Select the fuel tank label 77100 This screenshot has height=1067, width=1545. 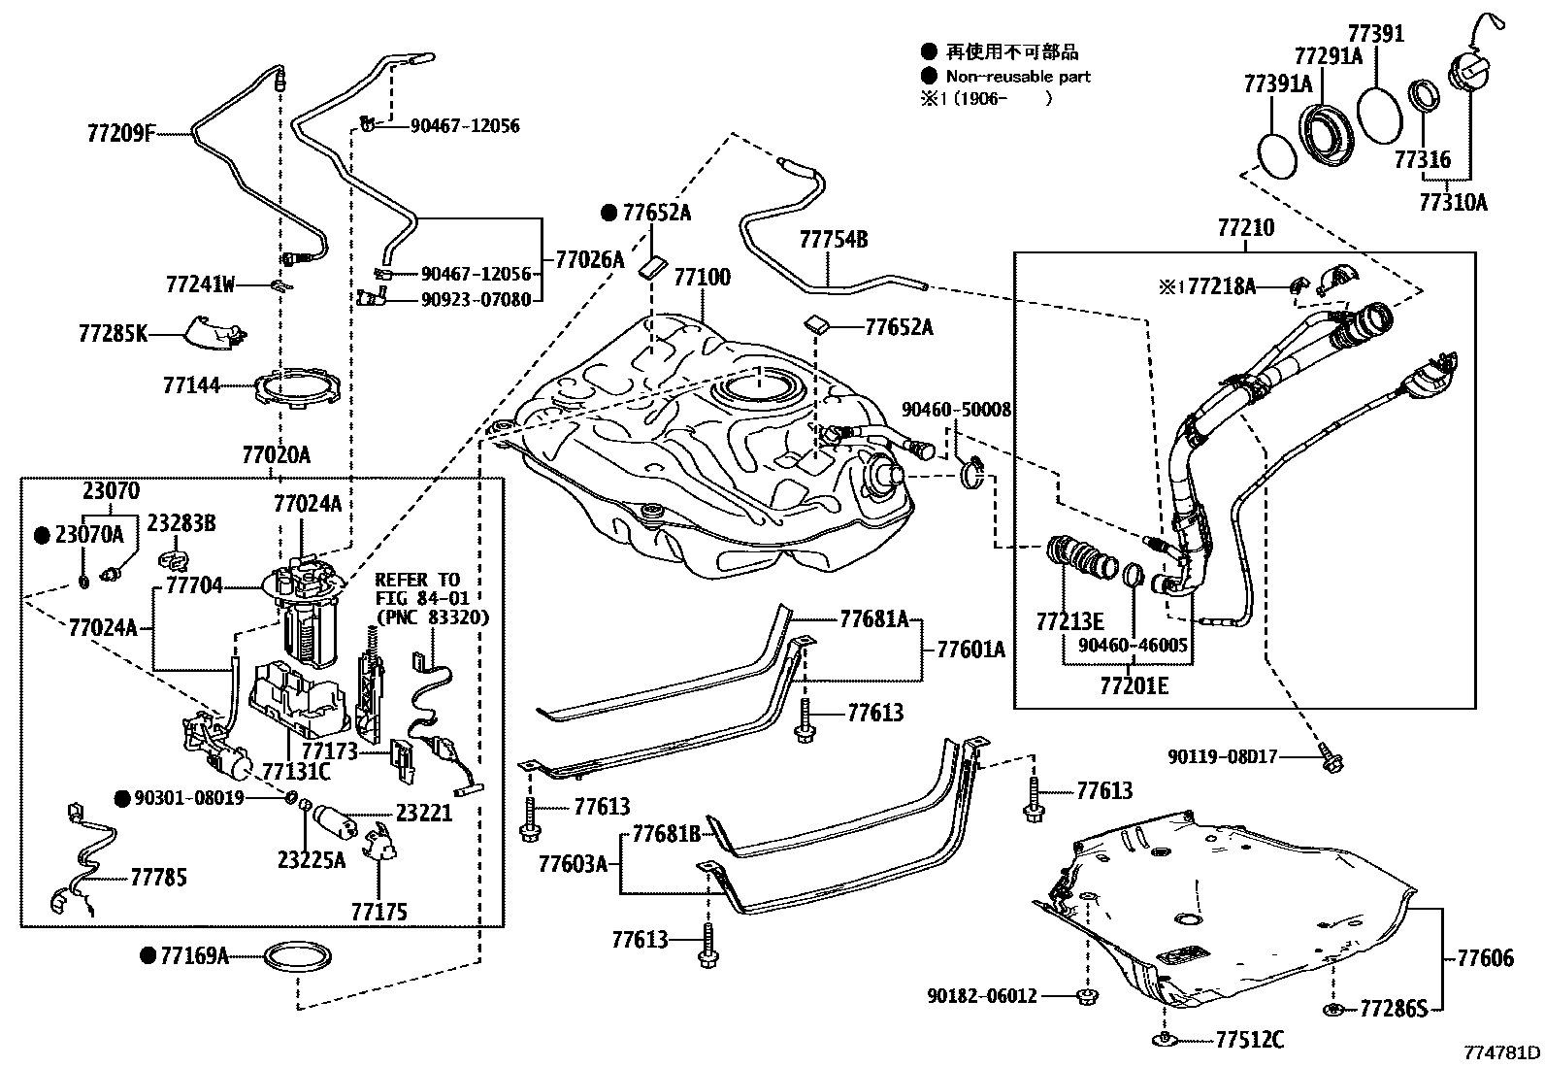click(x=702, y=277)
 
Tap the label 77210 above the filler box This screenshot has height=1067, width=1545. click(x=1246, y=228)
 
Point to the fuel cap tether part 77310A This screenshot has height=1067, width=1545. click(x=1453, y=202)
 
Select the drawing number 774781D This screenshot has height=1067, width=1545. click(x=1502, y=1052)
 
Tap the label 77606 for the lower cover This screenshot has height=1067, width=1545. click(x=1485, y=958)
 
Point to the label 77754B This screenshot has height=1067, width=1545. click(x=834, y=239)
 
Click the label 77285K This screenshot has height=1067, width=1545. click(x=113, y=334)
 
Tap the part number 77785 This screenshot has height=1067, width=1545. click(x=158, y=878)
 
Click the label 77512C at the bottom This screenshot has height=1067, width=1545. click(x=1250, y=1041)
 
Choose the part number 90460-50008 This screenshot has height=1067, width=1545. click(x=956, y=410)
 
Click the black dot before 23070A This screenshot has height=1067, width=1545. click(x=42, y=535)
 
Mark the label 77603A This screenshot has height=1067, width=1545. click(x=573, y=861)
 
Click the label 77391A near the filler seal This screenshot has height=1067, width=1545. click(x=1278, y=84)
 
